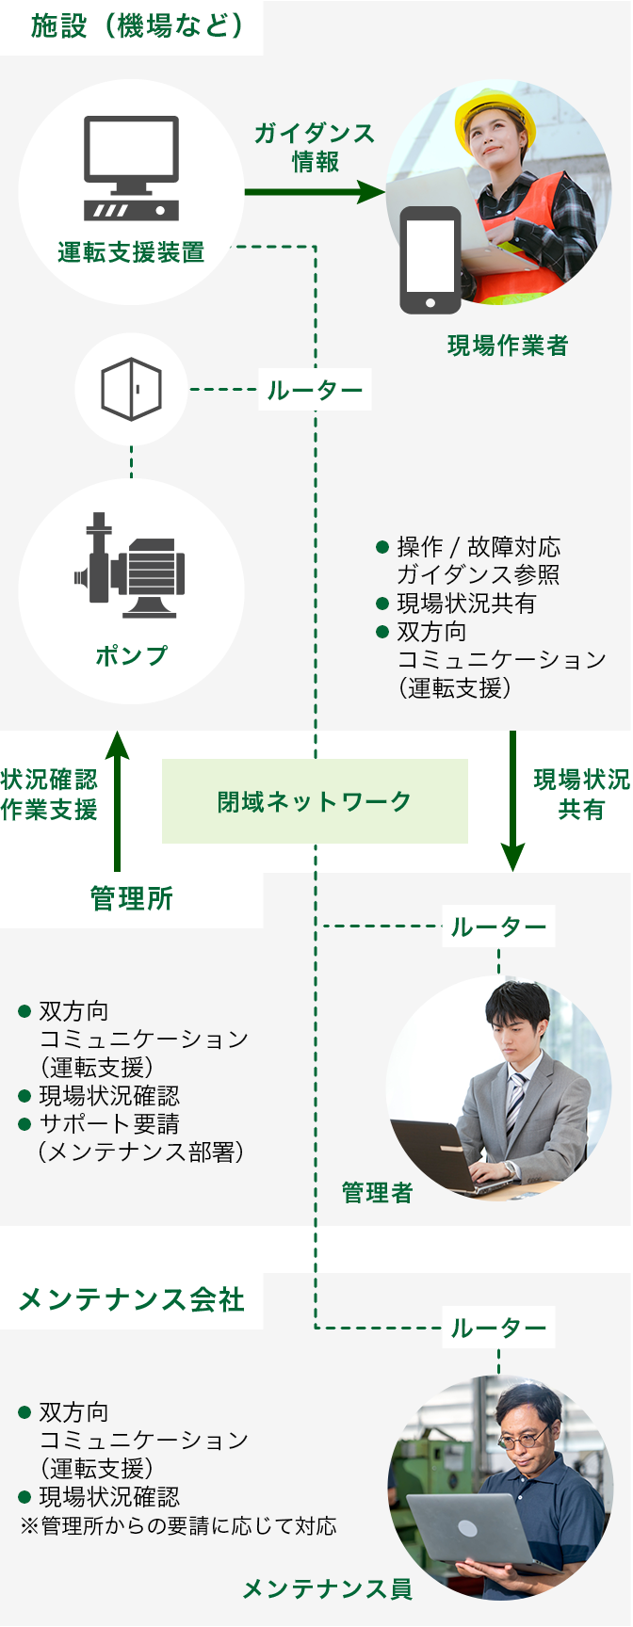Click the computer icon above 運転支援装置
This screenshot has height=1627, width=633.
click(131, 167)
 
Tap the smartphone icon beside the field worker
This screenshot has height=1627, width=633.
click(430, 259)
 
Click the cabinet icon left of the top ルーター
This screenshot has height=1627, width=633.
click(131, 389)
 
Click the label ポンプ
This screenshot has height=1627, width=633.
click(131, 655)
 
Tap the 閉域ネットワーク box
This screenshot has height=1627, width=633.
click(315, 801)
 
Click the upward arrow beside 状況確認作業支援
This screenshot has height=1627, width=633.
click(117, 800)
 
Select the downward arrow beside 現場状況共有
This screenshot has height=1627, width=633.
click(512, 800)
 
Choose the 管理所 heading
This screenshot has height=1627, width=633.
click(131, 899)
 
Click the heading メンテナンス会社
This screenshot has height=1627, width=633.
click(131, 1300)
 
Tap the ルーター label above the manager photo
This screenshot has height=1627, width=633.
click(498, 927)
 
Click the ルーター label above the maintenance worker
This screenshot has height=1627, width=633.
click(498, 1329)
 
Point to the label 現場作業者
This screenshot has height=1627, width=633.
click(508, 346)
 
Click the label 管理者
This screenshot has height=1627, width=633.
click(377, 1193)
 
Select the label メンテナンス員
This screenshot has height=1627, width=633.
click(327, 1589)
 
